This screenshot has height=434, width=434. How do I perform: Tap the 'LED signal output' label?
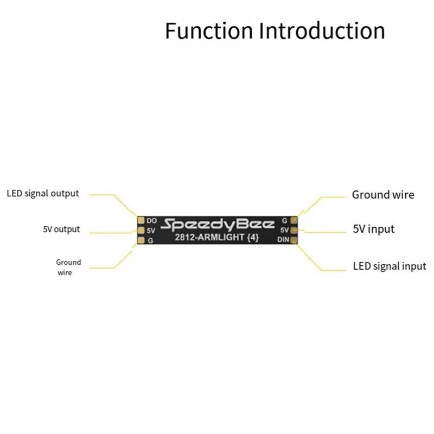click(x=42, y=193)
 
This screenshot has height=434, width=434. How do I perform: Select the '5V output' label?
click(x=61, y=229)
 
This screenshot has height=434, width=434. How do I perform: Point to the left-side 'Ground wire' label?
click(x=68, y=267)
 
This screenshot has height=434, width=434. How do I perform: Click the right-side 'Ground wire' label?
click(x=383, y=194)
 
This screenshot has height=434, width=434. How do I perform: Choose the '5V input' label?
click(x=374, y=229)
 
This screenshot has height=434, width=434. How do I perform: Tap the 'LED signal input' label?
click(x=390, y=266)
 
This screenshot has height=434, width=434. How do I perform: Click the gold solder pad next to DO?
click(x=141, y=221)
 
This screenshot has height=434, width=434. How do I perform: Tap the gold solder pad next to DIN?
click(x=294, y=240)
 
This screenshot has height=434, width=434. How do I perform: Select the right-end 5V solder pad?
click(x=294, y=230)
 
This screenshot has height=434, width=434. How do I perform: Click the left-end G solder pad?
click(x=141, y=240)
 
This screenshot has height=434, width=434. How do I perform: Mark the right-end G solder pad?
click(x=294, y=220)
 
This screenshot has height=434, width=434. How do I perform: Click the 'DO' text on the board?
click(x=151, y=221)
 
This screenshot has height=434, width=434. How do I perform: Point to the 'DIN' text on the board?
click(x=283, y=240)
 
